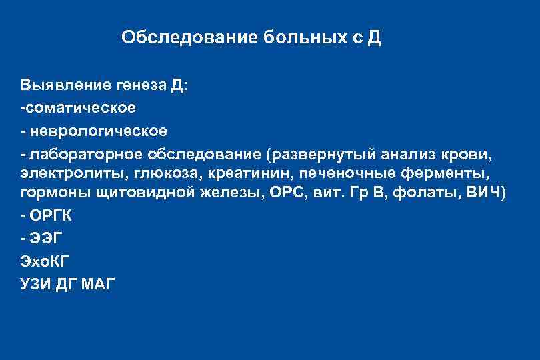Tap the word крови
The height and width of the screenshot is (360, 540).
click(x=470, y=154)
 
